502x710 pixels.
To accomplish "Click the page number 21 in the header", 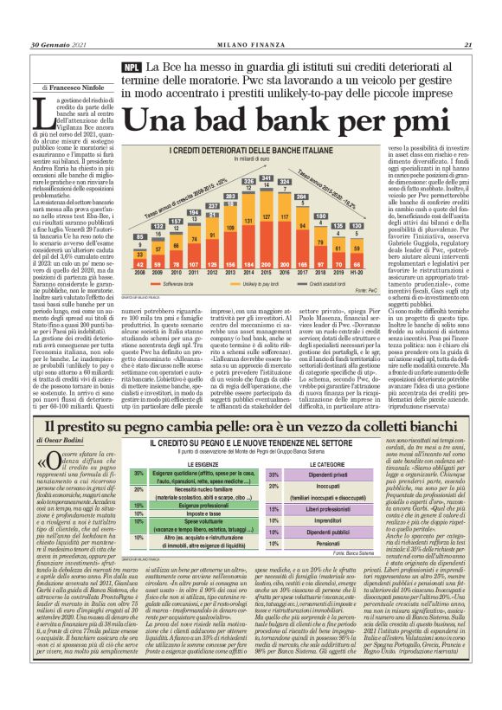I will click(x=467, y=46).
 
